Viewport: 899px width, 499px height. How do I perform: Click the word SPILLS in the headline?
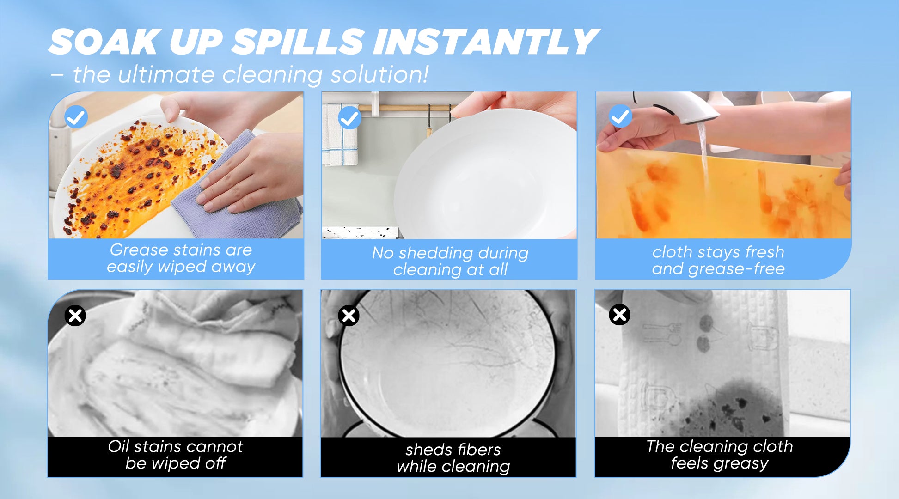298,42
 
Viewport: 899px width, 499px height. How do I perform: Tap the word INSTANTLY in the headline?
486,42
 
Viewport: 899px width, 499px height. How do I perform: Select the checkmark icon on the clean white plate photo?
349,118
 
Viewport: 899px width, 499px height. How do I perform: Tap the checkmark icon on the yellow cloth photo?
620,116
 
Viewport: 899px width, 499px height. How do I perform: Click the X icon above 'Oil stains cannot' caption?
75,316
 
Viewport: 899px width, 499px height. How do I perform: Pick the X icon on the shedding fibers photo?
349,316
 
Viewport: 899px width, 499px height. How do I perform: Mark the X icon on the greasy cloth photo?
620,315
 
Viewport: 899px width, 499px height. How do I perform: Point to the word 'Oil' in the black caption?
118,446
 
